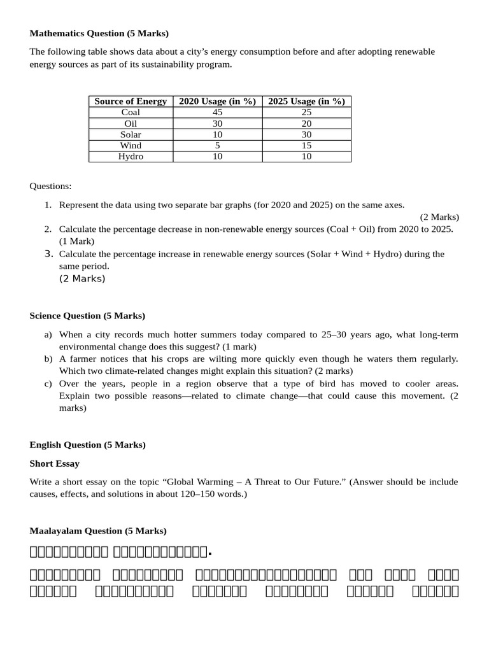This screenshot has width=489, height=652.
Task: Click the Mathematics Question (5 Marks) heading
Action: coord(99,33)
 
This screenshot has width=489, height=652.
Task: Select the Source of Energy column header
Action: coord(131,101)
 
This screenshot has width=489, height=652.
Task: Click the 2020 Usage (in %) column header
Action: coord(217,101)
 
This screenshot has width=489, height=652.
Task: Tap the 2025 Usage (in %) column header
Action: coord(306,101)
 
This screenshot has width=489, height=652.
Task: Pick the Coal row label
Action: coord(131,112)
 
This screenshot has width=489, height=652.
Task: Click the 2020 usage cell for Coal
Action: coord(217,112)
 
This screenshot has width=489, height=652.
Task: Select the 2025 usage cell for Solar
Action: coord(306,134)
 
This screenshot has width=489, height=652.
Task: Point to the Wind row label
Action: coord(131,145)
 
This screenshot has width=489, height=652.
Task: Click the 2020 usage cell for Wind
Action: coord(217,145)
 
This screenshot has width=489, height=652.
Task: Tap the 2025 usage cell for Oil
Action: coord(306,124)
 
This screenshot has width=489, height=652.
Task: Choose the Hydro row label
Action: coord(131,157)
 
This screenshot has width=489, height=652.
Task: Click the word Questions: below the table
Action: coord(51,186)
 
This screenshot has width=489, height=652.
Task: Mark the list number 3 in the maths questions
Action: coord(48,253)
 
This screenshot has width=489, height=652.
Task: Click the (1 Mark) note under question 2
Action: coord(76,241)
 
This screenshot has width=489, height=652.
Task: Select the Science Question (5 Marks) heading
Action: coord(87,316)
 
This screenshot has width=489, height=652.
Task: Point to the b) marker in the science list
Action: coord(48,359)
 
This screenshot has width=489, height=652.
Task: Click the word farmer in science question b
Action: coord(81,359)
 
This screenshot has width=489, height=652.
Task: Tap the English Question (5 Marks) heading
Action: coord(87,445)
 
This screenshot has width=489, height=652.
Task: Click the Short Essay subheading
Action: coord(54,464)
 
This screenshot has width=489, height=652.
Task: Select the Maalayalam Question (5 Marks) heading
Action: coord(98,531)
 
